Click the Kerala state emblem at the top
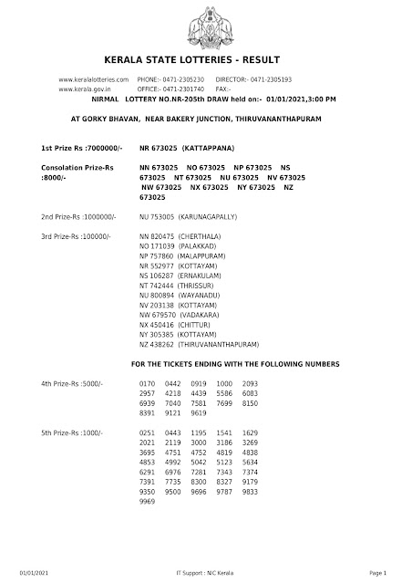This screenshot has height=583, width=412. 205,26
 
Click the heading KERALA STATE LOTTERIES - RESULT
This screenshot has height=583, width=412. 205,62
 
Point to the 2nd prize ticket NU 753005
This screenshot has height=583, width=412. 157,218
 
